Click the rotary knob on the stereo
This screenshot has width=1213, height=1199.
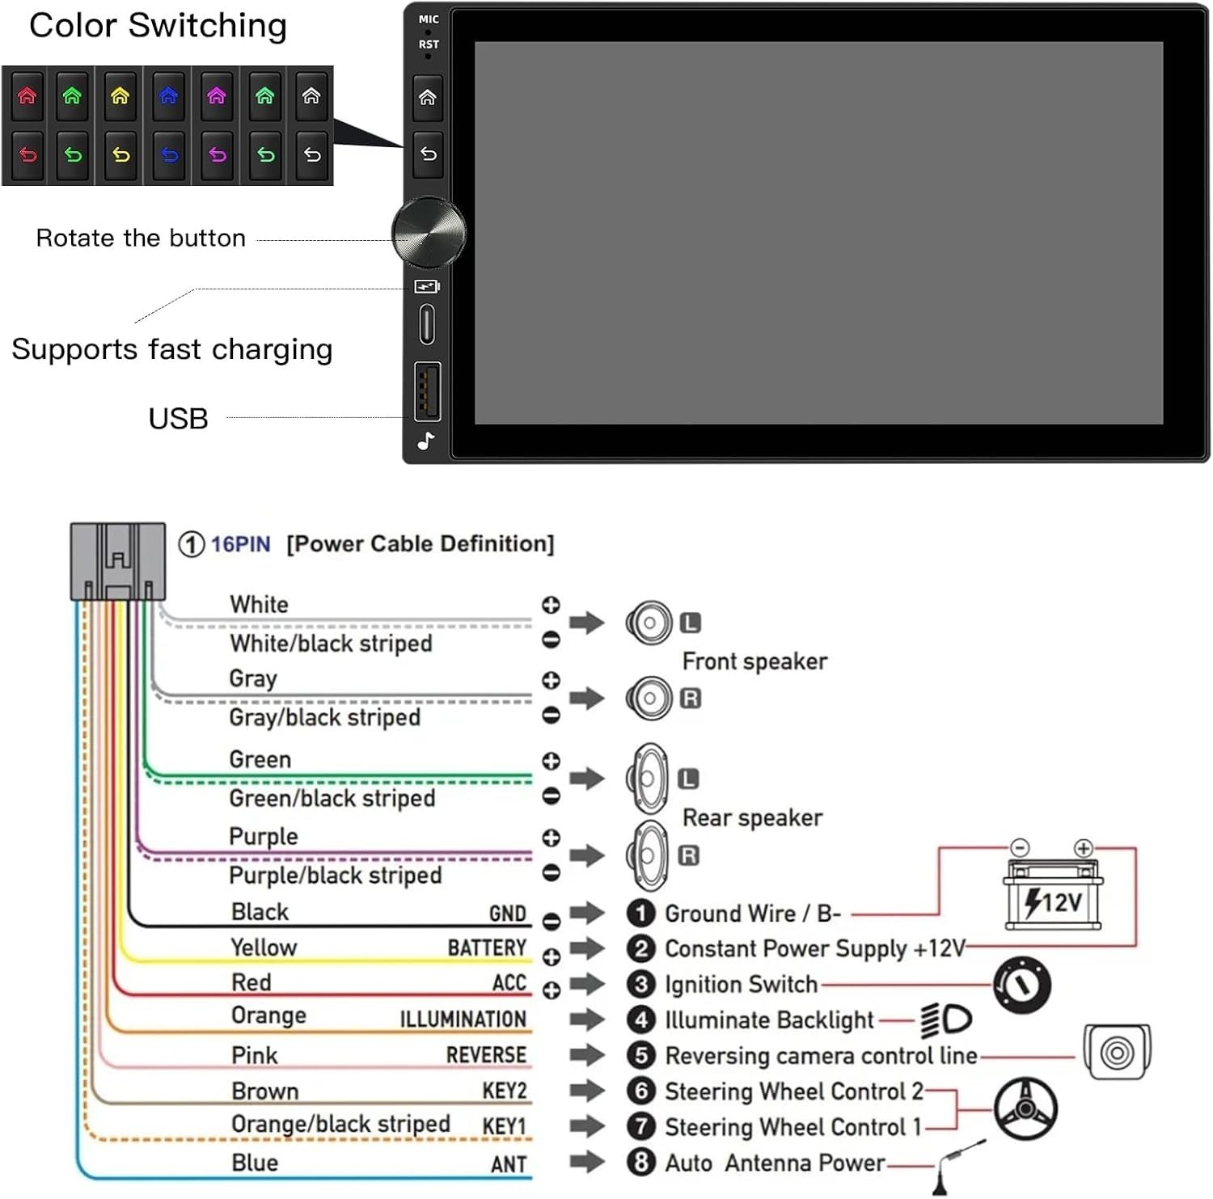point(429,233)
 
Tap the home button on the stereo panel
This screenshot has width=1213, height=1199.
point(428,98)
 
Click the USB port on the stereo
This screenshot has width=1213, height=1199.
point(428,392)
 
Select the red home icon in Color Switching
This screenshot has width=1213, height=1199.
point(27,95)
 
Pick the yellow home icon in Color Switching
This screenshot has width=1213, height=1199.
point(120,95)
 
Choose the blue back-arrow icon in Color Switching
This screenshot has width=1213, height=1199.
point(169,154)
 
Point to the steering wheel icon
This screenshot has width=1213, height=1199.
point(1025,1108)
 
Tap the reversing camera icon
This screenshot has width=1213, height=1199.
point(1117,1052)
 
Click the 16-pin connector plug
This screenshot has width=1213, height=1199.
point(118,561)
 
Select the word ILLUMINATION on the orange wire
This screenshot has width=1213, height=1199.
point(463,1020)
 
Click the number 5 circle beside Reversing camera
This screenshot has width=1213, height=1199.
point(641,1055)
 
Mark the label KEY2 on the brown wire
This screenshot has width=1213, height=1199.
point(505,1091)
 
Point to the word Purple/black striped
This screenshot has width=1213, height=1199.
point(336,875)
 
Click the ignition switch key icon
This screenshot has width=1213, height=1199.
point(1022,986)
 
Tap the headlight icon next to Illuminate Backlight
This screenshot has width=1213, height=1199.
point(946,1020)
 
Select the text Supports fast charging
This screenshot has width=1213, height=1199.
point(172,349)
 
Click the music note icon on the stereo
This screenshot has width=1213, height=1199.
point(426,441)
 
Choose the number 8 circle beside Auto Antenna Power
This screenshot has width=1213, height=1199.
point(641,1162)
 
